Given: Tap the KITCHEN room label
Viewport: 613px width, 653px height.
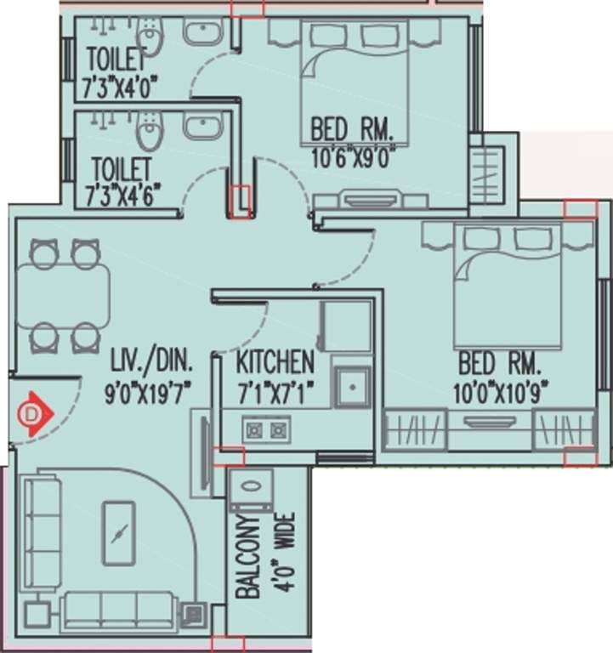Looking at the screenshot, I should coord(275,362).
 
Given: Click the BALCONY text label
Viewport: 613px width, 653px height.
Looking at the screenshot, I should coord(247,559).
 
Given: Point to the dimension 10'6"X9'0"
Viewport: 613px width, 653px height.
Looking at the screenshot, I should coord(352,159).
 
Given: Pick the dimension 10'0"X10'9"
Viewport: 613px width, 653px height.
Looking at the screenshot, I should coord(499,392).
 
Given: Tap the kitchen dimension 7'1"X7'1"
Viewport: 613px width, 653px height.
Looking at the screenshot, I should coord(275,392).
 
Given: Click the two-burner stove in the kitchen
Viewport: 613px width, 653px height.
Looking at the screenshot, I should coord(265,430).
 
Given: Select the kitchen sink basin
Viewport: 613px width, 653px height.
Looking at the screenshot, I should coord(351,388).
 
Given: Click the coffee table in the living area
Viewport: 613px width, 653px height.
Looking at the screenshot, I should coord(118,533).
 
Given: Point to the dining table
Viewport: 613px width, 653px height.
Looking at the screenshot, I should coord(63,294).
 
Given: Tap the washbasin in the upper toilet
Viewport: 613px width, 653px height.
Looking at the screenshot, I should coord(201,34).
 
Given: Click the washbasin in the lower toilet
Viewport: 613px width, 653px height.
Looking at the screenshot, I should coord(201,127).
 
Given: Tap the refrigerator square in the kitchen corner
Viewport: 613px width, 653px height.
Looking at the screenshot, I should coord(345,326).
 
